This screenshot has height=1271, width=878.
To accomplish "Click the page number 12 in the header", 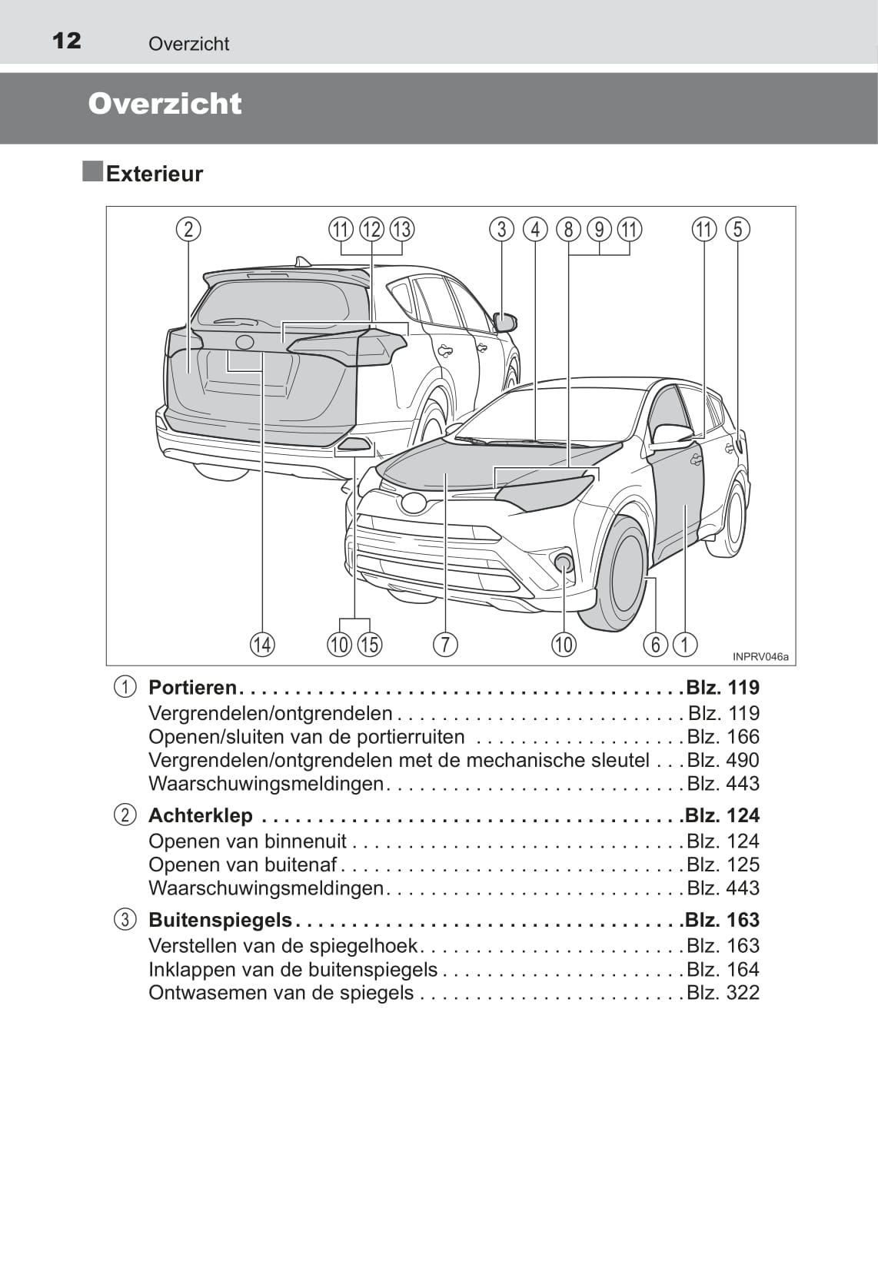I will tap(67, 41).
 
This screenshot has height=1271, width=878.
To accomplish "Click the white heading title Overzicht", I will tap(165, 104).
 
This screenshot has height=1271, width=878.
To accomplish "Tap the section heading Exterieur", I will tap(154, 174).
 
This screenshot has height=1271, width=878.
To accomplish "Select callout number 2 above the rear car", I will tap(188, 229).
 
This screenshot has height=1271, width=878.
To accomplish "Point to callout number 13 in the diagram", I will tap(401, 229).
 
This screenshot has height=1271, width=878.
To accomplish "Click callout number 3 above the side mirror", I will tap(501, 229).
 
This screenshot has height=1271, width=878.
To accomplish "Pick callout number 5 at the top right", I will tap(737, 229).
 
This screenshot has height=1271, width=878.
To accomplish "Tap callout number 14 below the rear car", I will tap(262, 644).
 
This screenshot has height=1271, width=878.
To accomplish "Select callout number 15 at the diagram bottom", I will tap(370, 644).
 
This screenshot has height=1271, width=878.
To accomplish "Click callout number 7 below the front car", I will tap(445, 644).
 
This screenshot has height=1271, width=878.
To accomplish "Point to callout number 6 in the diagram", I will tap(655, 644).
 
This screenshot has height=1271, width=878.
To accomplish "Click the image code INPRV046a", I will tap(760, 657).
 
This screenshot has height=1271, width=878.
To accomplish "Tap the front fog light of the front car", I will tap(564, 562).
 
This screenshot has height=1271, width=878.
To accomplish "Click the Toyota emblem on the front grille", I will tap(414, 503).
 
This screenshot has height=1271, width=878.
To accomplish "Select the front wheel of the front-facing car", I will tap(624, 572).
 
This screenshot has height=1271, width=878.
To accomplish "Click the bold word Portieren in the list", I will tap(192, 687).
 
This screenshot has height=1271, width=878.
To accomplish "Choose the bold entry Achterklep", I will tap(200, 815).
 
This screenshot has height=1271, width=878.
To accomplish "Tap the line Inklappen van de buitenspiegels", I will tap(293, 970).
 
